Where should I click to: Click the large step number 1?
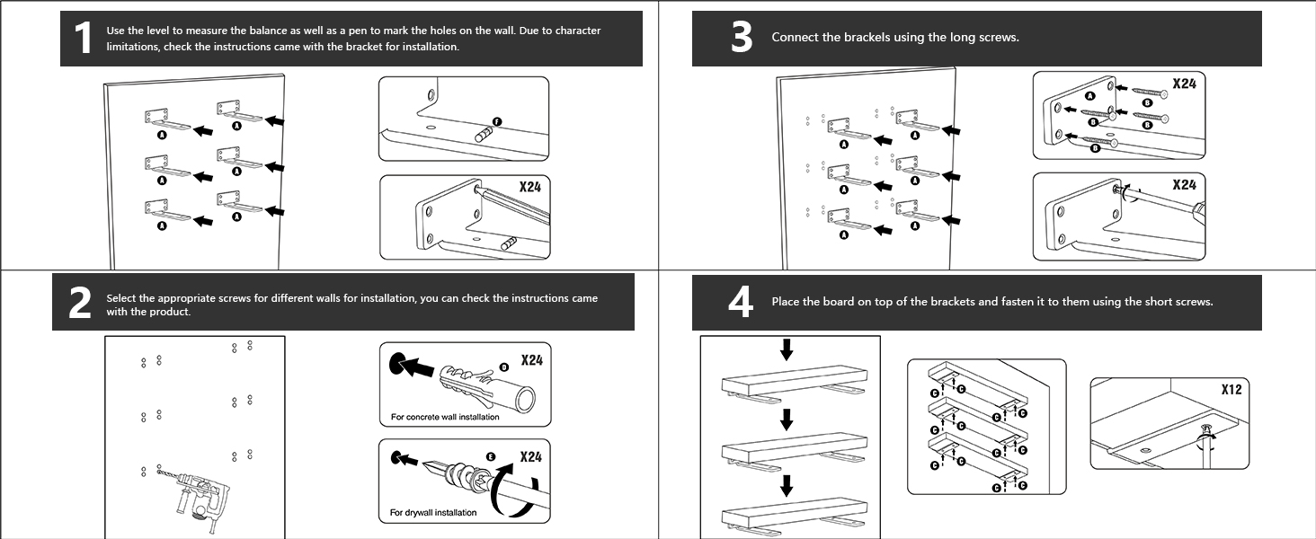point(83,39)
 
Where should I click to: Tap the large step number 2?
point(80,304)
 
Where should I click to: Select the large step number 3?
point(742,39)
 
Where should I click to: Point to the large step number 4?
point(741,303)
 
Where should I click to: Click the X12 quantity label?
point(1232,390)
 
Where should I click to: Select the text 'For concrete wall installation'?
point(445,417)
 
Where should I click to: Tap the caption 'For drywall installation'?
point(433,513)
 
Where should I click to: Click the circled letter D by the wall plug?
point(503,367)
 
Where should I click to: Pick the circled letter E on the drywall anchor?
point(490,456)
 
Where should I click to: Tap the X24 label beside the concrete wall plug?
point(533,360)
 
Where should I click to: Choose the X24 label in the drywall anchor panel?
point(531,456)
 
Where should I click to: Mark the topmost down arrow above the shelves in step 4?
point(787,349)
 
